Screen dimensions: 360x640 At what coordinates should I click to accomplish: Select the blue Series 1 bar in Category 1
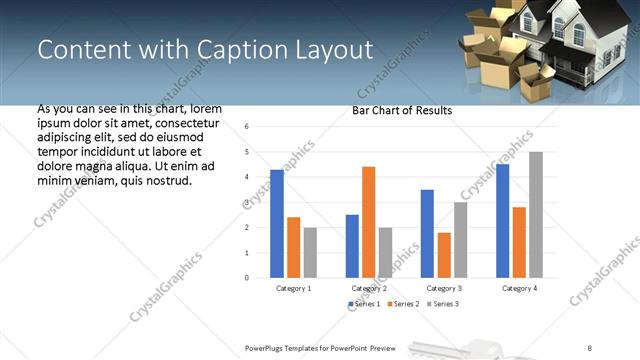point(277,223)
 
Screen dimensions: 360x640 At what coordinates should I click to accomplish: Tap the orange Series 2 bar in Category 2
point(368,221)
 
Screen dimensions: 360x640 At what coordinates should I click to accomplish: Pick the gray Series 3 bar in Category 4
point(536,214)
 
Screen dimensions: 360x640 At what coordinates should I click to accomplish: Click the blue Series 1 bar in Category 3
point(427,233)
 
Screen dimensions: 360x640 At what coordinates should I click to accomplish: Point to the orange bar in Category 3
point(444,254)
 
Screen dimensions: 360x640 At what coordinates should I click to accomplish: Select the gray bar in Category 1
point(310,252)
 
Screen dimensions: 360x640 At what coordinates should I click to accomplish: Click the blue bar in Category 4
point(502,220)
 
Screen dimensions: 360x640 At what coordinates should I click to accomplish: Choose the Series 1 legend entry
point(364,303)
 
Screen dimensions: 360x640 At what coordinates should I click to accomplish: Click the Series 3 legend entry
point(442,303)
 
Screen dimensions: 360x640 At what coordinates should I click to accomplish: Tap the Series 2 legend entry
point(403,303)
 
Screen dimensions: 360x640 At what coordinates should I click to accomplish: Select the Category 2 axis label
point(369,288)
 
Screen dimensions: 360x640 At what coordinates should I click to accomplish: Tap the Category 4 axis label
point(519,288)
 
